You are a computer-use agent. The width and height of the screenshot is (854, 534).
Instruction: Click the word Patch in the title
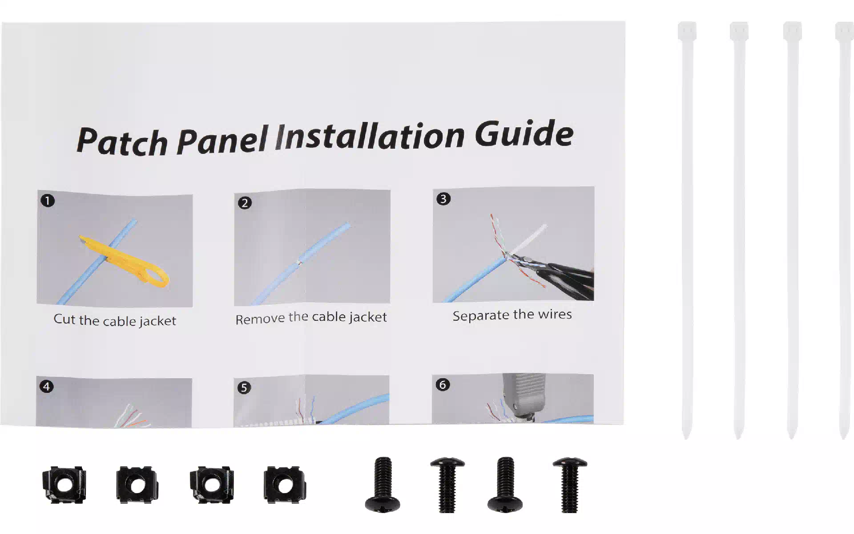[x=122, y=142]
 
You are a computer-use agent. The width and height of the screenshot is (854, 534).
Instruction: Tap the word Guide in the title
[x=524, y=133]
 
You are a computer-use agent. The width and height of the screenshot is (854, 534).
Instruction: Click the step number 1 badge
[x=48, y=201]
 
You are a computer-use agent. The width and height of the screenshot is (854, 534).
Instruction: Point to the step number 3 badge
[x=443, y=198]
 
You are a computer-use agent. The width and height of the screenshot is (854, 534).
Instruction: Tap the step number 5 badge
[x=244, y=388]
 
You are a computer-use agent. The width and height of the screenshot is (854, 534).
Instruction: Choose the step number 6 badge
[x=442, y=384]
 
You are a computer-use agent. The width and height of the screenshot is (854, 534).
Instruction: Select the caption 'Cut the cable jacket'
[x=115, y=320]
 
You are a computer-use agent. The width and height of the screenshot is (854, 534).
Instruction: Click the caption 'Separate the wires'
[x=512, y=315]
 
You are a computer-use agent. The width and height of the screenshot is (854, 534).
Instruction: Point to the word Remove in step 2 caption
[x=260, y=319]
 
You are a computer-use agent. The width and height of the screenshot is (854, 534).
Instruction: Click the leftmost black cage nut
[x=64, y=485]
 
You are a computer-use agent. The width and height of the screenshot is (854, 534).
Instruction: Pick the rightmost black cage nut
[x=285, y=485]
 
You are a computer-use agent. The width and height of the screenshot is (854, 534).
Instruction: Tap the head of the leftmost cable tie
[x=687, y=31]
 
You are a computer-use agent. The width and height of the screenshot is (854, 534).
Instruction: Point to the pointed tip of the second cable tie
[x=739, y=438]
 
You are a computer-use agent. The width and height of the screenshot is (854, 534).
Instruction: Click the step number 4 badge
[x=47, y=386]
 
